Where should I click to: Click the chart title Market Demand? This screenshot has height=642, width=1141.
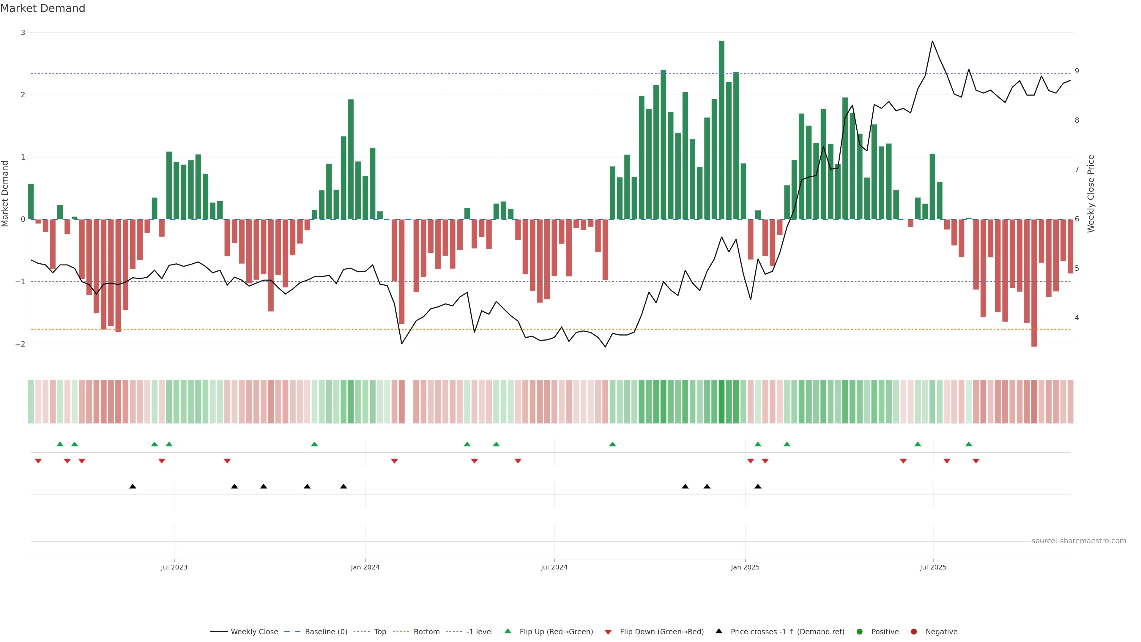click(x=42, y=8)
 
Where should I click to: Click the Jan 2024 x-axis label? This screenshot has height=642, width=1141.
click(x=365, y=567)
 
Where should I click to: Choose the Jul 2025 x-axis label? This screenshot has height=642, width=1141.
click(x=933, y=567)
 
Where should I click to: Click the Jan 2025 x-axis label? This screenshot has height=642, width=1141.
click(x=745, y=567)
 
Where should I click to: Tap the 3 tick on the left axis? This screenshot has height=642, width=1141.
click(x=23, y=33)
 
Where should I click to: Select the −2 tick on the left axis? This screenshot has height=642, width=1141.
click(x=21, y=344)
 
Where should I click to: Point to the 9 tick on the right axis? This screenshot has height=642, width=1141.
click(x=1077, y=71)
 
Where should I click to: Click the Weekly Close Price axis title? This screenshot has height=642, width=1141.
click(x=1090, y=193)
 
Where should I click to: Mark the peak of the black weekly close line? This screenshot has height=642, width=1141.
click(x=932, y=41)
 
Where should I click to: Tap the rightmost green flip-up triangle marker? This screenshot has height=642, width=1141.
click(x=969, y=444)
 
